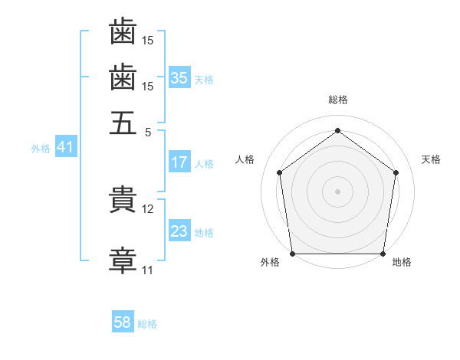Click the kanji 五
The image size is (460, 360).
tap(123, 123)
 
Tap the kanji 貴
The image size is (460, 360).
tap(123, 199)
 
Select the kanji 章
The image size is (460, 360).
tap(123, 260)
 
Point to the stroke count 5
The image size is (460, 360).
tap(148, 133)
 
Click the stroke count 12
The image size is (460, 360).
tap(147, 209)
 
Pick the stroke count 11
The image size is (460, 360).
tap(147, 270)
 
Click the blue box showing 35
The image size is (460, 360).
tap(179, 77)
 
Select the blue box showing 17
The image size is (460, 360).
tap(179, 162)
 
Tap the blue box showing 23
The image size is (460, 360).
tap(179, 230)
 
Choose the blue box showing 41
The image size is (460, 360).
tap(66, 146)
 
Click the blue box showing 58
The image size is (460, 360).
tap(123, 321)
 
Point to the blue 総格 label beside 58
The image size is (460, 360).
tap(147, 324)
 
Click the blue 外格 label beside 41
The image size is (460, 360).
tap(41, 149)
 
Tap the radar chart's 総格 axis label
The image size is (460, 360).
tap(338, 100)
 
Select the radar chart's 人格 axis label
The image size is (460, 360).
tap(245, 159)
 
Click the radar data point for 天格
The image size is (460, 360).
tap(396, 172)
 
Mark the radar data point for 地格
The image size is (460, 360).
tap(383, 254)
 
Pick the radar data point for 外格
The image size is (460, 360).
tap(293, 254)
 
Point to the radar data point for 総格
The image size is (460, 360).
tap(337, 130)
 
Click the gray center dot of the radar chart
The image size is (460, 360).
tap(337, 191)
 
